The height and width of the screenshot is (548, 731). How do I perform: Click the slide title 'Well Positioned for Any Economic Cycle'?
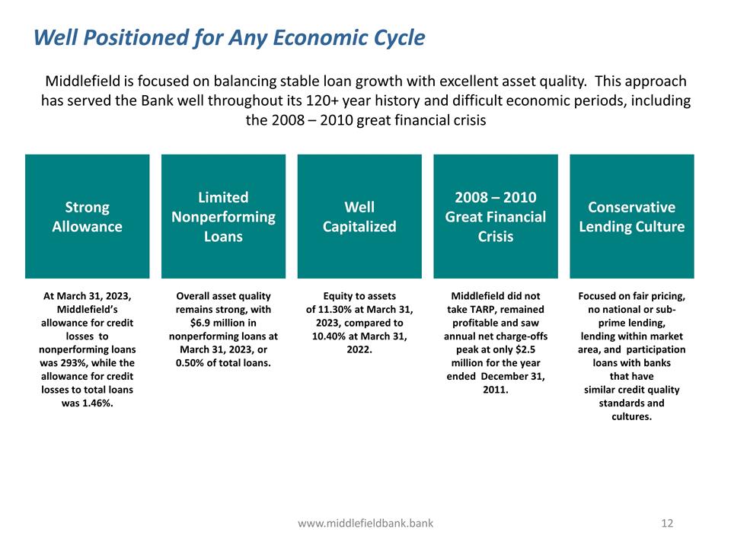tap(229, 37)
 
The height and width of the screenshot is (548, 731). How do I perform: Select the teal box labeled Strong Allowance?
tap(87, 217)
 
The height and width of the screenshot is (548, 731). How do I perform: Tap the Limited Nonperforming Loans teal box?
tap(223, 217)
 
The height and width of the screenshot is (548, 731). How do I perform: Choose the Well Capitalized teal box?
tap(359, 217)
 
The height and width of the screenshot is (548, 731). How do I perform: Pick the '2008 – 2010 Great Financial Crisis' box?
tap(495, 217)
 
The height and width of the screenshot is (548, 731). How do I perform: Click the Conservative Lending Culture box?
tap(631, 217)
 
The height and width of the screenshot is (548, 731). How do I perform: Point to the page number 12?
tap(668, 523)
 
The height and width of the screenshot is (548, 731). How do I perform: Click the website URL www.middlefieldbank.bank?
tap(365, 523)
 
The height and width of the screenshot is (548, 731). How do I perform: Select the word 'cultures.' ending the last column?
tap(631, 417)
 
